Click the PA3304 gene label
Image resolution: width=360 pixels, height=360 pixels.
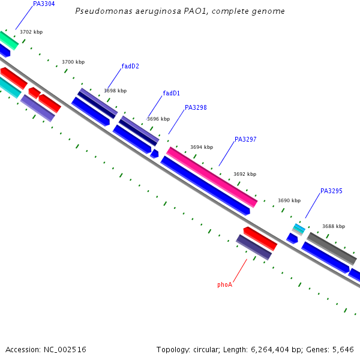click(44, 4)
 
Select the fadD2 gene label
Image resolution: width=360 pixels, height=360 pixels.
click(130, 66)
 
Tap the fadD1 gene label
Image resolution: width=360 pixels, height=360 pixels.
click(171, 93)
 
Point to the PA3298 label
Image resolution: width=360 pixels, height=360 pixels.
click(196, 108)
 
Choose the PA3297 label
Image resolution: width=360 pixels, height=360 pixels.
click(245, 139)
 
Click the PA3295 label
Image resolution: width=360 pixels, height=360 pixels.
click(331, 191)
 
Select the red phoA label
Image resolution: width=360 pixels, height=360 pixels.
click(224, 285)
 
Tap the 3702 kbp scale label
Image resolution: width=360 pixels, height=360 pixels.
click(31, 32)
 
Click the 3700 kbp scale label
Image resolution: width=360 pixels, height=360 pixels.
click(73, 62)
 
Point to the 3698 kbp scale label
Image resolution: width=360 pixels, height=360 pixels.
click(115, 91)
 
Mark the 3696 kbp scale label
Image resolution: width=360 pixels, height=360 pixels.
click(158, 119)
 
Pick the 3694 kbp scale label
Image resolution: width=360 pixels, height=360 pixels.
click(202, 147)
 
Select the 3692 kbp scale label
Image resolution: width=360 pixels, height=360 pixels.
click(245, 174)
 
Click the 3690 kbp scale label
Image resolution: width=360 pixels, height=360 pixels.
click(289, 200)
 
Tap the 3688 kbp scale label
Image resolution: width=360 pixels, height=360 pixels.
click(334, 226)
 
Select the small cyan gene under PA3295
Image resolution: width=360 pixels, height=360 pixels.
click(298, 229)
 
